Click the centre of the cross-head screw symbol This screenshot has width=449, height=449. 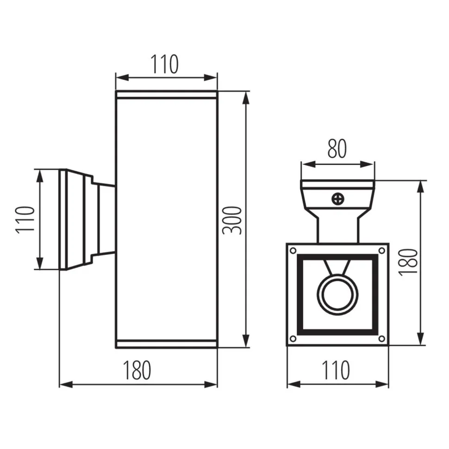pyautogui.click(x=337, y=199)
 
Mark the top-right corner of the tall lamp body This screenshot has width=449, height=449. pyautogui.click(x=217, y=91)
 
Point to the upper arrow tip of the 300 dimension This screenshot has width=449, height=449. pyautogui.click(x=246, y=92)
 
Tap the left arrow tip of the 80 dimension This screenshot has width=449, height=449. pyautogui.click(x=302, y=164)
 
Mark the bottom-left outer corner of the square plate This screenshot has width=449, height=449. pyautogui.click(x=287, y=345)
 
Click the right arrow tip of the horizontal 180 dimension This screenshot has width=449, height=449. pyautogui.click(x=217, y=385)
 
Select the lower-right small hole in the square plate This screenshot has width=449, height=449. pyautogui.click(x=381, y=339)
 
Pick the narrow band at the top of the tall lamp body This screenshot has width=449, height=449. pyautogui.click(x=166, y=95)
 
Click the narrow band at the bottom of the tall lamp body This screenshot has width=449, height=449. pyautogui.click(x=166, y=344)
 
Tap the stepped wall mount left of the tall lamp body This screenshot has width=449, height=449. pyautogui.click(x=87, y=219)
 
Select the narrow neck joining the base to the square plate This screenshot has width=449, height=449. pyautogui.click(x=337, y=229)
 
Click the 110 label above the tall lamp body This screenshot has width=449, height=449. pyautogui.click(x=164, y=64)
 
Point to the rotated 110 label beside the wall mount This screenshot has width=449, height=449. pyautogui.click(x=25, y=219)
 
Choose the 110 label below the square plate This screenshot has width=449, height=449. pyautogui.click(x=336, y=370)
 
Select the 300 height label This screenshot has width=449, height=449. pyautogui.click(x=232, y=220)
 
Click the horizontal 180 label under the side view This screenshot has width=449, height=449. pyautogui.click(x=137, y=370)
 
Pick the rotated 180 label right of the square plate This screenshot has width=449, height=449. pyautogui.click(x=408, y=262)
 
